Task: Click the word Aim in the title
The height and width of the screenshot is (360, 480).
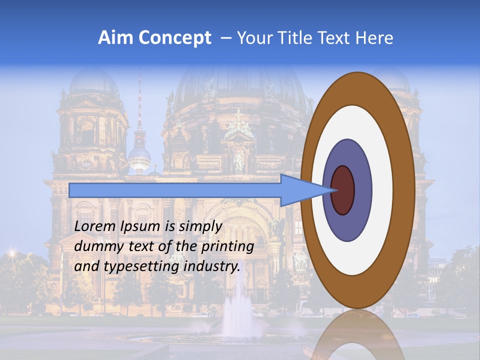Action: tap(115, 38)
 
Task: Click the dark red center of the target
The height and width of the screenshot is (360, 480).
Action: tap(343, 190)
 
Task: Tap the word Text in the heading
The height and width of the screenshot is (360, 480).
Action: tap(337, 38)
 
